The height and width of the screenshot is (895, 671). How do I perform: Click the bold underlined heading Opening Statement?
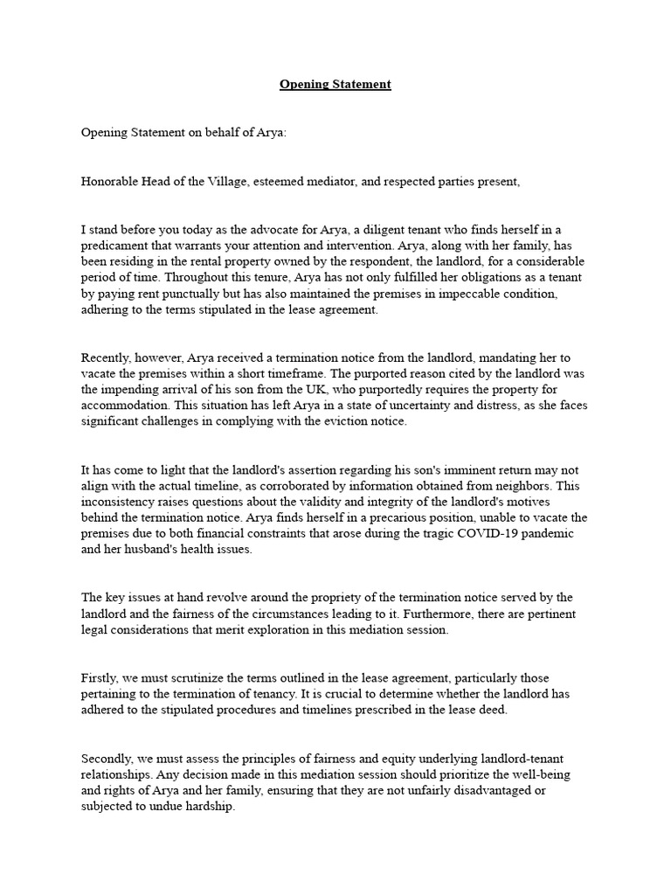335,85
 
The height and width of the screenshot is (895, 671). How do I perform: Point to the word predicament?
117,246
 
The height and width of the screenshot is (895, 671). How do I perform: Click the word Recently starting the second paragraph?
108,358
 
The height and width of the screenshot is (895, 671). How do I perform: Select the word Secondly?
109,758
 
